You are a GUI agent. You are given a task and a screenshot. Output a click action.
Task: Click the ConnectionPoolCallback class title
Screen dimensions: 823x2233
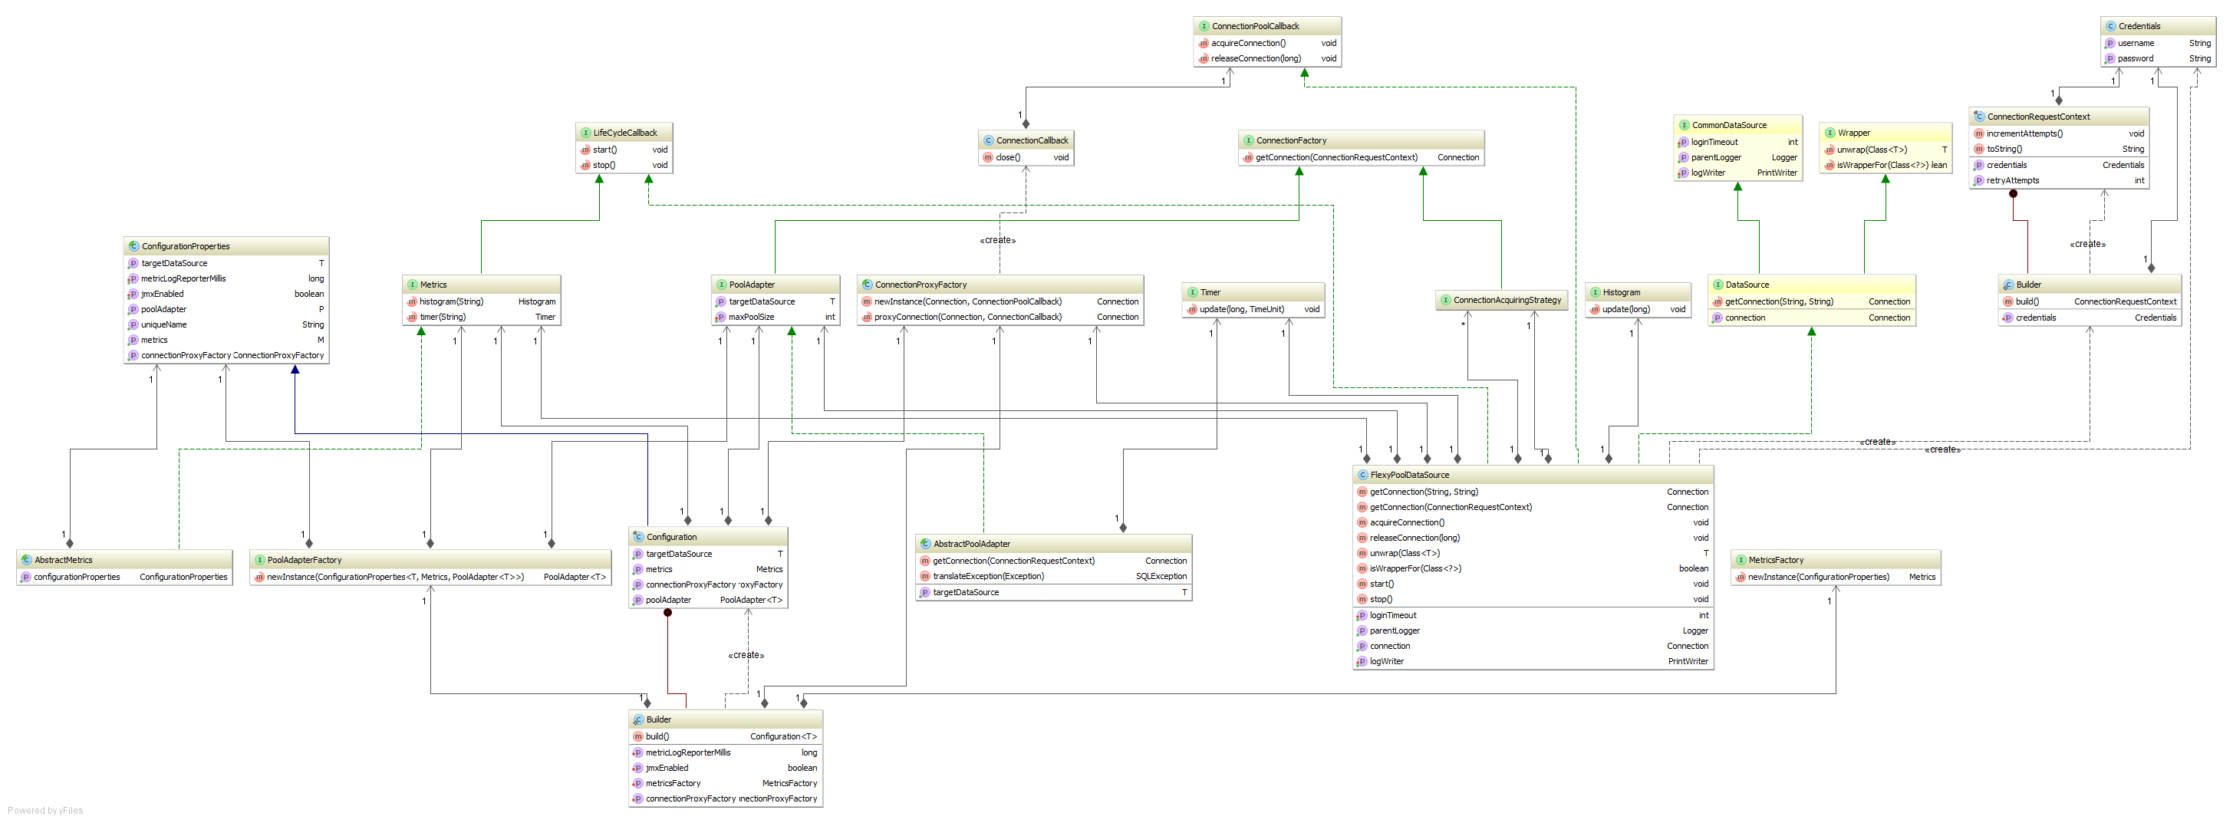tap(1255, 26)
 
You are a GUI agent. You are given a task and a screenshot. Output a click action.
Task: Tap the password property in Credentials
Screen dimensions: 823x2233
tap(2135, 59)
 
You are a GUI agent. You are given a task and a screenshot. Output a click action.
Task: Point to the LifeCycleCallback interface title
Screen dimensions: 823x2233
tap(625, 133)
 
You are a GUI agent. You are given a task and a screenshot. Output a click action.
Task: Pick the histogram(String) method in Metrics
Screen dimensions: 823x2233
tap(451, 301)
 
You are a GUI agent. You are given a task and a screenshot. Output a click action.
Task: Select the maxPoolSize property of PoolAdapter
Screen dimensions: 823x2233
tap(751, 317)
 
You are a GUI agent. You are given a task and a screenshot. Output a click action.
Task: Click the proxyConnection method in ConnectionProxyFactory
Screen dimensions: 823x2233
tap(967, 317)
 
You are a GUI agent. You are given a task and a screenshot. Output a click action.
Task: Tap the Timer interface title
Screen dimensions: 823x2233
tap(1210, 292)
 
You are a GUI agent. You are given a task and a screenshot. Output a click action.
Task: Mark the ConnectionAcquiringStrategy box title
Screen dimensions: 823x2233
tap(1507, 300)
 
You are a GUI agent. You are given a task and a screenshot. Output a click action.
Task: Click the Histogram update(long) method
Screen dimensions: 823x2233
tap(1625, 309)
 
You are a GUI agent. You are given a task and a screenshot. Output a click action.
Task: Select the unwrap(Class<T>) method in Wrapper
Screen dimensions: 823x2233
tap(1872, 150)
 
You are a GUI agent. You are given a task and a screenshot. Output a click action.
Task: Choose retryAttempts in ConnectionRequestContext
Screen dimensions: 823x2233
tap(2012, 180)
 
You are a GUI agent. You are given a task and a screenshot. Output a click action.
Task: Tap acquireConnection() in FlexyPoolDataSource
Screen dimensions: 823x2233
tap(1406, 522)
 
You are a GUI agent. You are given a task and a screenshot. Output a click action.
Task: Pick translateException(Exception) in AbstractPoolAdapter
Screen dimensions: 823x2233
tap(988, 576)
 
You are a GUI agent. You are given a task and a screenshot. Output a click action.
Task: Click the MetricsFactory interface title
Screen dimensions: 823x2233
tap(1775, 560)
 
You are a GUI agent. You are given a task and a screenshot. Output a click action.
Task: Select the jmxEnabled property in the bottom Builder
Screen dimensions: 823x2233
tap(667, 768)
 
